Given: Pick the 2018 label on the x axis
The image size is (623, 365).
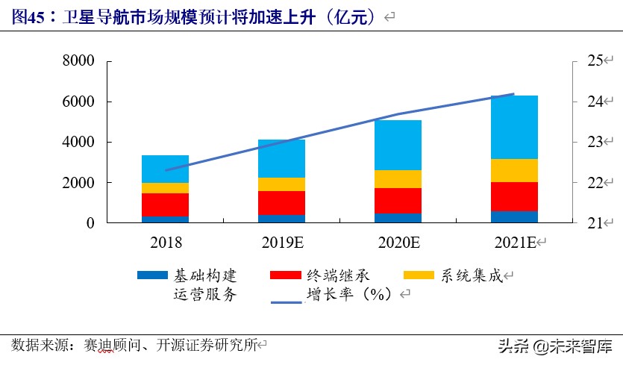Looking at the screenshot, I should [165, 242].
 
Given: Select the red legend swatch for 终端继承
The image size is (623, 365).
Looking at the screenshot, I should [286, 275].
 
